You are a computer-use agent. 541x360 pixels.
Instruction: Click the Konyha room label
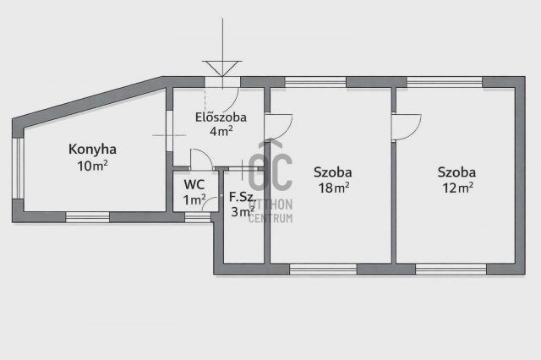point(92,150)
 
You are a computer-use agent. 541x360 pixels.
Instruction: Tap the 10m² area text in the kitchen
point(92,166)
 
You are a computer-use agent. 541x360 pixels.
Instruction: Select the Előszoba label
point(215,117)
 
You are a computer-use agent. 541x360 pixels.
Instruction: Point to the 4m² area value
point(221,131)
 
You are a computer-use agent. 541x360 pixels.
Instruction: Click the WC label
point(194,184)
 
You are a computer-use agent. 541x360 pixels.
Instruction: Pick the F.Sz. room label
point(243,197)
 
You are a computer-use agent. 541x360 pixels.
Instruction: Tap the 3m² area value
point(243,212)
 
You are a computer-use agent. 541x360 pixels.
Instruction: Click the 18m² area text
point(332,188)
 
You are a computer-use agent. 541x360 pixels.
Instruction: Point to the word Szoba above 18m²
point(332,172)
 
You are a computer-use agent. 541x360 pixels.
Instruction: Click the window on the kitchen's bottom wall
point(88,217)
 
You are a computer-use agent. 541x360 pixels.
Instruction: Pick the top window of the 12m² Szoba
point(445,82)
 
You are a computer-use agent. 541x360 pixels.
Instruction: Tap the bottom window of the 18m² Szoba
point(312,269)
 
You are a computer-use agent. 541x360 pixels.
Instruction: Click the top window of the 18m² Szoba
point(315,82)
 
